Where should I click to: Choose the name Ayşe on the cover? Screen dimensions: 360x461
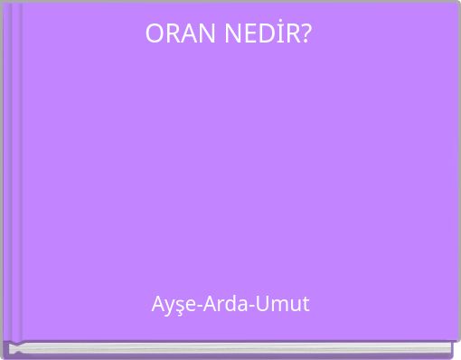172,305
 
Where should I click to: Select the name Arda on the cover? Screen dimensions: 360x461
222,304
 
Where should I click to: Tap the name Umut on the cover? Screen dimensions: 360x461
281,304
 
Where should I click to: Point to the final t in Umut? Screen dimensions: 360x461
305,304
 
